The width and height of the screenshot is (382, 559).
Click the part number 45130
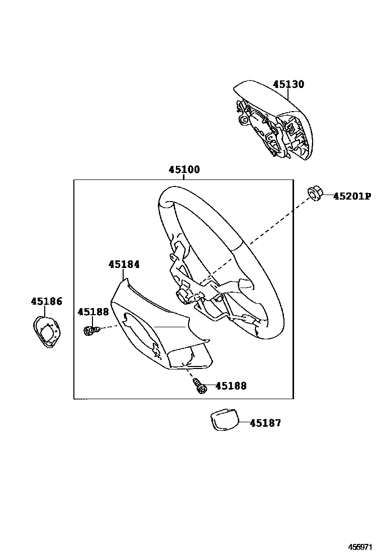(289, 84)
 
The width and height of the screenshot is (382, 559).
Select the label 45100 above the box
(184, 170)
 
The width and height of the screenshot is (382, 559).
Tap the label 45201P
(352, 196)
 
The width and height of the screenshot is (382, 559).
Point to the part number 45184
(124, 264)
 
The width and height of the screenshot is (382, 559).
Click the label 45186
(46, 302)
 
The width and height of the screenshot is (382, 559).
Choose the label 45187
(265, 423)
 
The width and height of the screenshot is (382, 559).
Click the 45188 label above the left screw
(93, 312)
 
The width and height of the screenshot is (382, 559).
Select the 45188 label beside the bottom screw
(231, 386)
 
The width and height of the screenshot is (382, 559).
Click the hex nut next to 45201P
(315, 193)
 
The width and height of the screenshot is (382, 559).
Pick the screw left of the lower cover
(90, 331)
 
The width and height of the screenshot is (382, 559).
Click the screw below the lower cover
(201, 387)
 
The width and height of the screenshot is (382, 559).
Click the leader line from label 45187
(244, 423)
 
